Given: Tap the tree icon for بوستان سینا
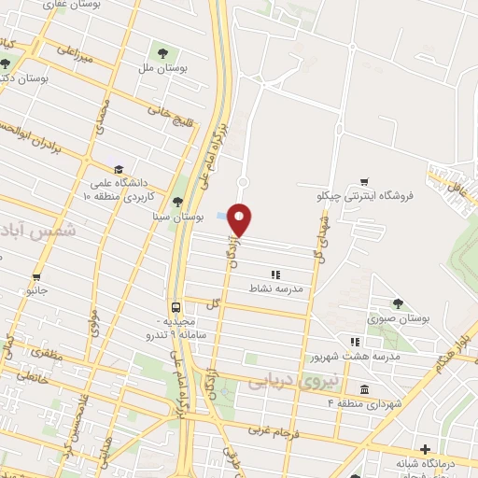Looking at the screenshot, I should pyautogui.click(x=178, y=201).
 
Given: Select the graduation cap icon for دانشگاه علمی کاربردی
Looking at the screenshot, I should pyautogui.click(x=119, y=168).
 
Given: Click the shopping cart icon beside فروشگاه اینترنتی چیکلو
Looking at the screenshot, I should pyautogui.click(x=365, y=181).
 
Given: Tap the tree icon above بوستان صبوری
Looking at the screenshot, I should pyautogui.click(x=399, y=302).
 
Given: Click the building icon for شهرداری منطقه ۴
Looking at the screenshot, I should pyautogui.click(x=363, y=388).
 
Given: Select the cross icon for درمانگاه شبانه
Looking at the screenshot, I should pyautogui.click(x=426, y=450).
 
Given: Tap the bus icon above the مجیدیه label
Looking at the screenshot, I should pyautogui.click(x=176, y=307).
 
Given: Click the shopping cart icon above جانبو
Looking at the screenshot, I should pyautogui.click(x=36, y=277).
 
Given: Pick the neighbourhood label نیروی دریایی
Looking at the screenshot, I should pyautogui.click(x=283, y=381).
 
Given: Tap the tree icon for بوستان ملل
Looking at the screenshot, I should pyautogui.click(x=164, y=54).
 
